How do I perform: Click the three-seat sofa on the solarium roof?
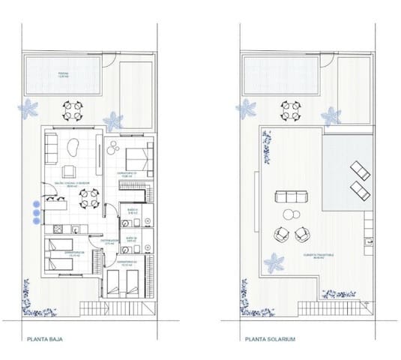click(291, 198)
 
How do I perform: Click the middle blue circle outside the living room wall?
click(34, 211)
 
